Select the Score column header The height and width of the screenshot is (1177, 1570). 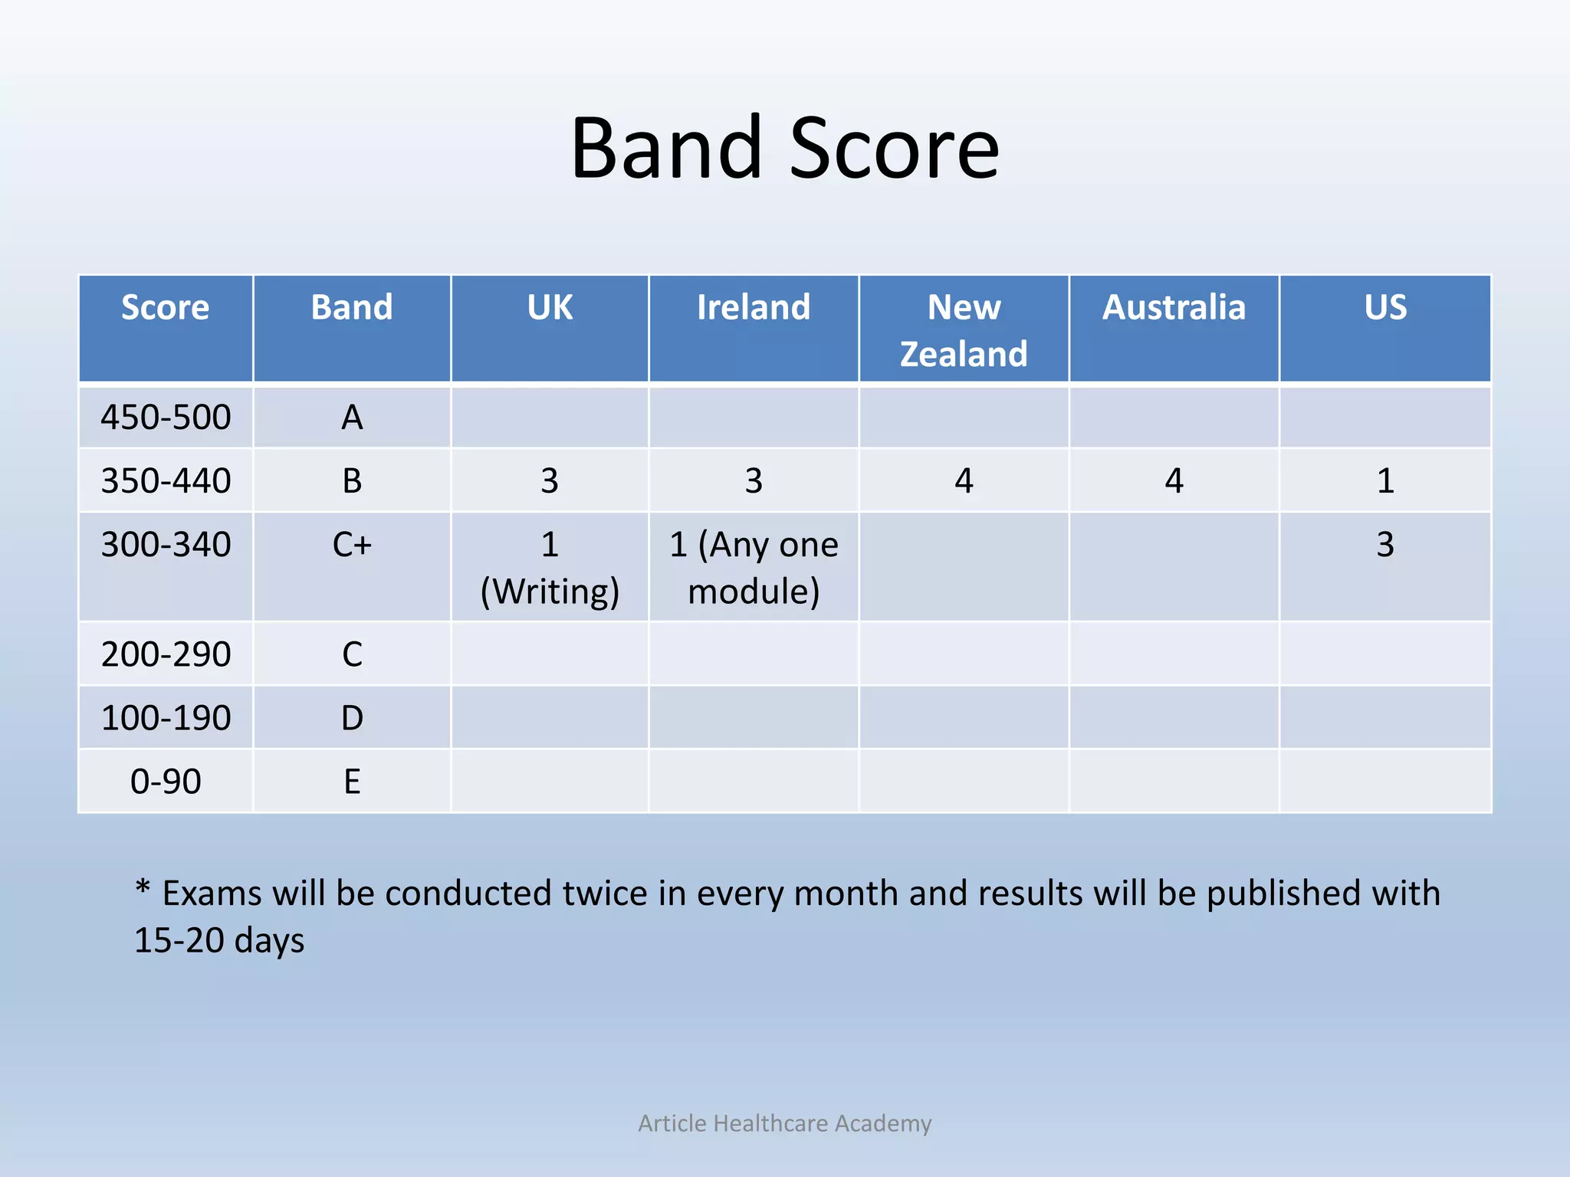pyautogui.click(x=165, y=308)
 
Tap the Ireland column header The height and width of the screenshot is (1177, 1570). pyautogui.click(x=753, y=308)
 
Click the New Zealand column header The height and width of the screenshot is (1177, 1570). pyautogui.click(x=964, y=330)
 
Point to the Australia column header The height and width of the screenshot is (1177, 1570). pyautogui.click(x=1174, y=308)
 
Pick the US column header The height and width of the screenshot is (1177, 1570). pyautogui.click(x=1384, y=308)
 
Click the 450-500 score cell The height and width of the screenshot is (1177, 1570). pyautogui.click(x=166, y=418)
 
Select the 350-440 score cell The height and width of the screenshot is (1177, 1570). pyautogui.click(x=166, y=481)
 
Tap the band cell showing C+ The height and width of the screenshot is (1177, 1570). pyautogui.click(x=352, y=545)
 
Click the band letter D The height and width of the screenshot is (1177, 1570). pyautogui.click(x=352, y=718)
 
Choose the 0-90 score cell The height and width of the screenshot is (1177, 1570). pyautogui.click(x=166, y=782)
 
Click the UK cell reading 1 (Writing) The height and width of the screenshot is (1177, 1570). pyautogui.click(x=550, y=568)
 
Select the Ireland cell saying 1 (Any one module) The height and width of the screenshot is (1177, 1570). pyautogui.click(x=754, y=568)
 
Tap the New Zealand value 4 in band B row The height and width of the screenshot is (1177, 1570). pyautogui.click(x=964, y=481)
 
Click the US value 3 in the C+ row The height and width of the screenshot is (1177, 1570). pyautogui.click(x=1384, y=545)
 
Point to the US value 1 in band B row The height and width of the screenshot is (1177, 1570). pyautogui.click(x=1384, y=481)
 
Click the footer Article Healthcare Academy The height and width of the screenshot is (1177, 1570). pyautogui.click(x=784, y=1123)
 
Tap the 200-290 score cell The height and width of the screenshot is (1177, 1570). pyautogui.click(x=166, y=654)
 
